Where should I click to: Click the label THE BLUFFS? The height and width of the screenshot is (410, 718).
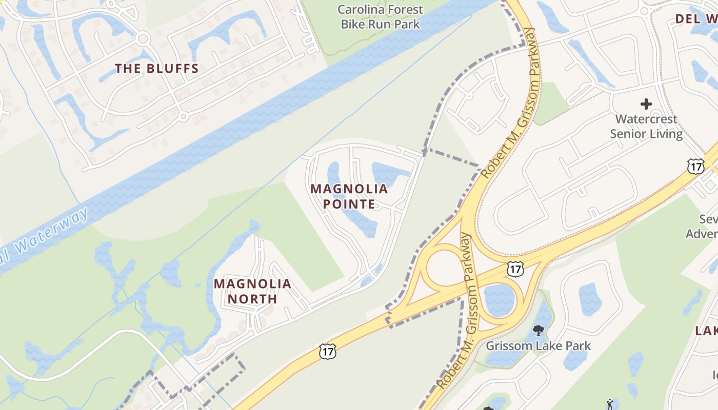coord(156,69)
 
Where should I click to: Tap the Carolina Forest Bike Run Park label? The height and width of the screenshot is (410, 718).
coord(381,16)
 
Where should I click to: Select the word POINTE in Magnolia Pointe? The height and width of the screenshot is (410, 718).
coord(349,204)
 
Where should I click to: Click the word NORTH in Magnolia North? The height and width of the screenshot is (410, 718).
coord(252,299)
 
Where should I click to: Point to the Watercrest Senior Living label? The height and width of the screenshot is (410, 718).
coord(646,127)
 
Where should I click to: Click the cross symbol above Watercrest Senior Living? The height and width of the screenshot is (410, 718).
coord(646,104)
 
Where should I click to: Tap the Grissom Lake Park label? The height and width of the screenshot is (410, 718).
coord(538,346)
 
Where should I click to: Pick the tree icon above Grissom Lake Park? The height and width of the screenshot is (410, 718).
coord(538,330)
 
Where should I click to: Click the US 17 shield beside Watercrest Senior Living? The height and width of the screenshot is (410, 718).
coord(695,166)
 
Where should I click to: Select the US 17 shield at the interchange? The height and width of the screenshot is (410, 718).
coord(515,269)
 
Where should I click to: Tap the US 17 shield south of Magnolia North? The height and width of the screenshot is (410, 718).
coord(327,351)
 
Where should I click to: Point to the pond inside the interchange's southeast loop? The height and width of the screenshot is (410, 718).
coord(498,300)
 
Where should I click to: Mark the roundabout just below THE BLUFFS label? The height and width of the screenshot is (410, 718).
coord(183,117)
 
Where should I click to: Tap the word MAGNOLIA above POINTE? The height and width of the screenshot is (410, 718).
coord(349,189)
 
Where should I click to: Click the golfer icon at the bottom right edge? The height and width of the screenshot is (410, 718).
coord(610,404)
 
